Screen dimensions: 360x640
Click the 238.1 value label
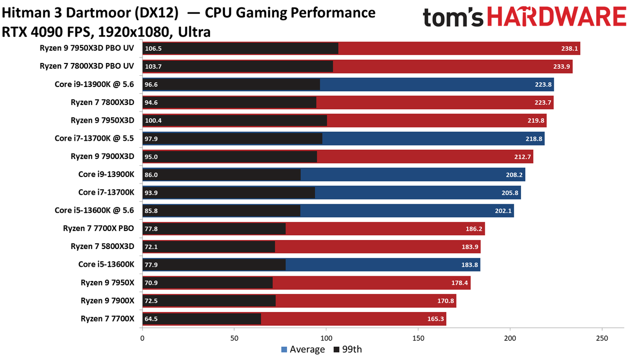[x=569, y=49]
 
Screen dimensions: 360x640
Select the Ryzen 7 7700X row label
[x=107, y=319]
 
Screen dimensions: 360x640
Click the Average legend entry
[x=302, y=349]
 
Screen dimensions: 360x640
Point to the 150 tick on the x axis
[x=418, y=338]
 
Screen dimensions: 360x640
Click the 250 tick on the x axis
[x=602, y=338]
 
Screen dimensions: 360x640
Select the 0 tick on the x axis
[x=142, y=338]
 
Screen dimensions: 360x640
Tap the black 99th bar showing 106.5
[x=240, y=49]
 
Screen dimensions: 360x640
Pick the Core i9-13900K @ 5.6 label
[x=94, y=84]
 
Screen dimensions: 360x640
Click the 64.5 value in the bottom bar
[x=151, y=319]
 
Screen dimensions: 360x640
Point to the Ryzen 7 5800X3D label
[x=102, y=246]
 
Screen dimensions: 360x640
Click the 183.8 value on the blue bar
[x=469, y=265]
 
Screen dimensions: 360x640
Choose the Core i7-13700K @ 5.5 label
[x=94, y=138]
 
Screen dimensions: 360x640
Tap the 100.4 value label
[x=153, y=121]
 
